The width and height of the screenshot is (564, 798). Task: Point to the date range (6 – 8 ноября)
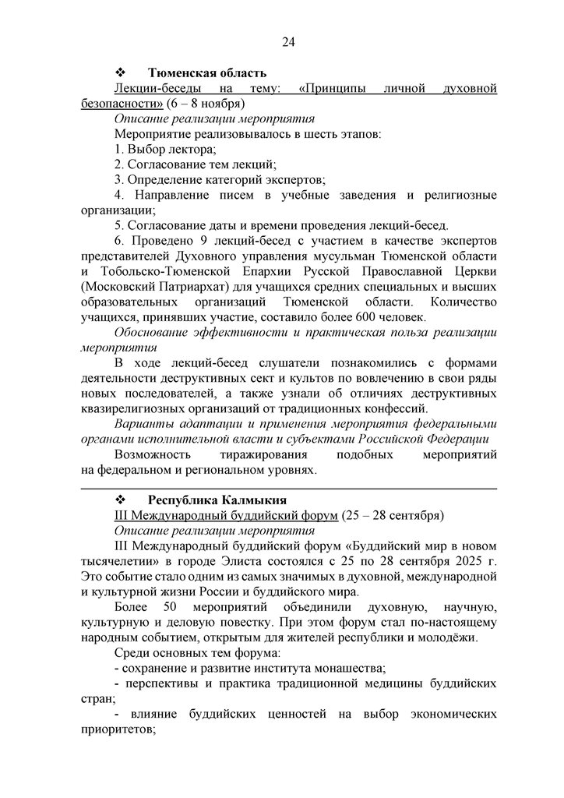tap(206, 104)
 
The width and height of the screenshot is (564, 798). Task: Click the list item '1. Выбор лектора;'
tap(165, 149)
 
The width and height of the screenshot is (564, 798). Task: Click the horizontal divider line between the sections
tap(288, 487)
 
